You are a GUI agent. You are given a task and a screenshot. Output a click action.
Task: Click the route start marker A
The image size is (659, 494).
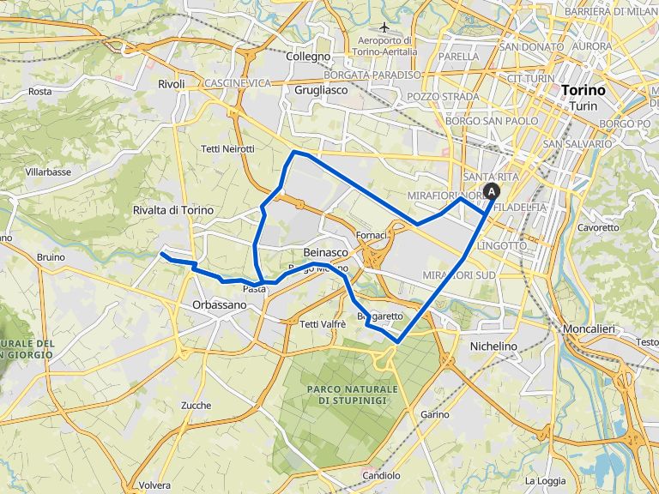click(x=492, y=192)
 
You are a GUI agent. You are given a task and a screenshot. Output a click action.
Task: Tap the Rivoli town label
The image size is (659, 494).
click(x=172, y=83)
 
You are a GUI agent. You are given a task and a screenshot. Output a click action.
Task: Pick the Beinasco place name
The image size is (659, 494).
click(x=326, y=252)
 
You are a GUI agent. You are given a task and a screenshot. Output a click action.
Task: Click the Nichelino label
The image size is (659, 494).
click(x=494, y=346)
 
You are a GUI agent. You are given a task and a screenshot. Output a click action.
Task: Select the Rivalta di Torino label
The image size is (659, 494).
click(x=173, y=210)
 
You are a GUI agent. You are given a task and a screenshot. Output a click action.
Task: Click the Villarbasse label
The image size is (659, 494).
click(x=48, y=172)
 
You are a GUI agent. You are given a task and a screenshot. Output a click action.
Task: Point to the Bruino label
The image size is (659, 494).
click(x=51, y=256)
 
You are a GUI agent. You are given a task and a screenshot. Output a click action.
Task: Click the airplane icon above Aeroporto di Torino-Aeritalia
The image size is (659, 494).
click(x=384, y=26)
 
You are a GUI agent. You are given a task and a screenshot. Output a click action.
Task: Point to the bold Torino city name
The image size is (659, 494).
click(x=583, y=90)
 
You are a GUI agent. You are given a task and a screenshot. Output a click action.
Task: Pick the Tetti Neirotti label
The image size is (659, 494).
click(x=227, y=148)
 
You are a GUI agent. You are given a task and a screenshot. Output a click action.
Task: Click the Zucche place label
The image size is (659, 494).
click(x=196, y=405)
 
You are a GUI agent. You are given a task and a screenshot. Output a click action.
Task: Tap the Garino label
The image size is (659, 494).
click(x=435, y=414)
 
